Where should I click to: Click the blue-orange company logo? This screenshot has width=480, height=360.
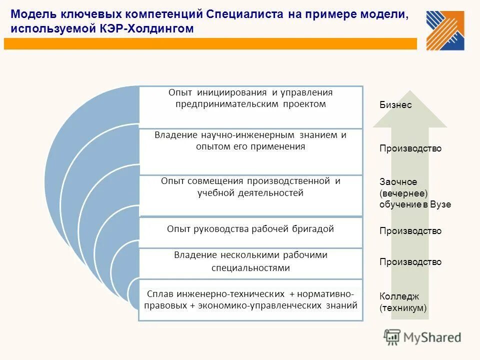(445, 30)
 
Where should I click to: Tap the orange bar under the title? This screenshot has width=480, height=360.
(210, 44)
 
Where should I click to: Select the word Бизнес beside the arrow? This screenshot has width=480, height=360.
(395, 105)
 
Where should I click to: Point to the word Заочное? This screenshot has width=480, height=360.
(398, 182)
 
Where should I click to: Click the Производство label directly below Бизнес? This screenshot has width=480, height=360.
(410, 148)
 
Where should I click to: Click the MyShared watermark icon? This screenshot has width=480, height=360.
(392, 337)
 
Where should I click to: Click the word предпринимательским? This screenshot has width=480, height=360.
(222, 104)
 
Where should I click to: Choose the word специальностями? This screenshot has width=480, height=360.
(250, 268)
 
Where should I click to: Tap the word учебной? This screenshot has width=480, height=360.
(214, 193)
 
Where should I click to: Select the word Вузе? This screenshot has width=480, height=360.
(440, 204)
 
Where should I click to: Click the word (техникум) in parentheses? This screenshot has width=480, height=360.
(403, 308)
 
